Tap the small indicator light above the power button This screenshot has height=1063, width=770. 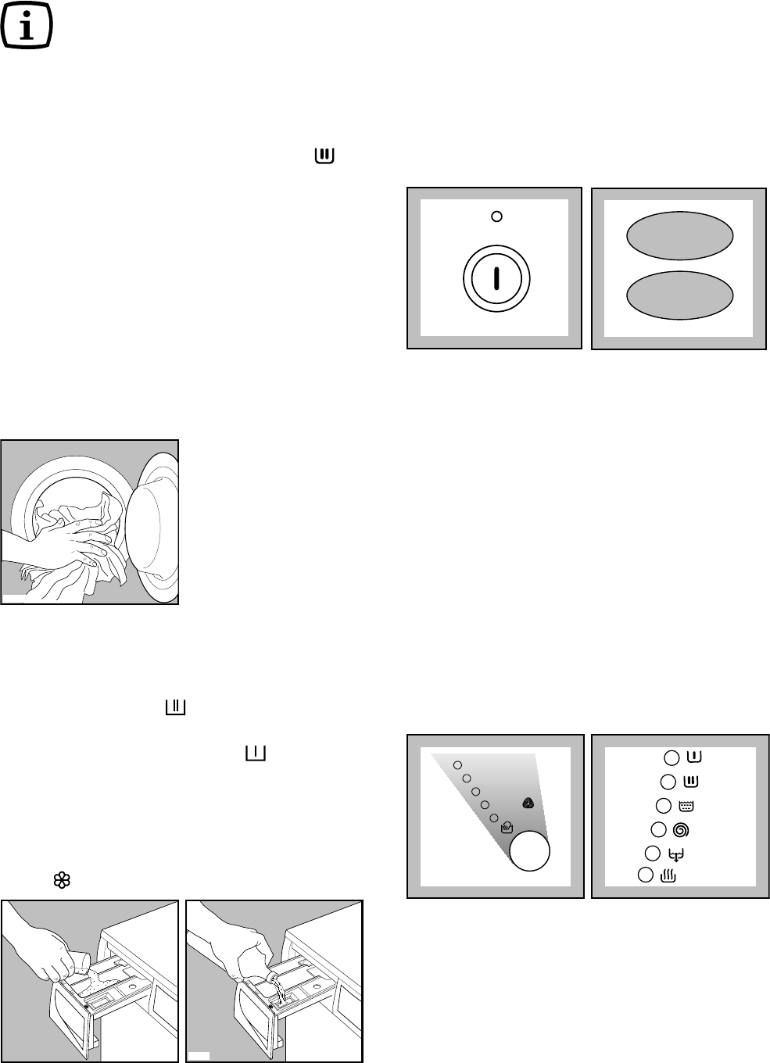pos(496,217)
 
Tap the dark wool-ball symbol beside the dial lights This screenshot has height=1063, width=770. pos(528,803)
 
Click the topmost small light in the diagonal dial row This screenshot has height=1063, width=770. pos(458,764)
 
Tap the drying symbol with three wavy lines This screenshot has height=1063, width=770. pos(668,876)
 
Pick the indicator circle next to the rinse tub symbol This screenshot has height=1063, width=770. pos(663,806)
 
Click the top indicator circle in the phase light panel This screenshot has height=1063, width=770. pos(672,757)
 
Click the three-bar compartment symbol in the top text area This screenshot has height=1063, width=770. pos(324,156)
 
